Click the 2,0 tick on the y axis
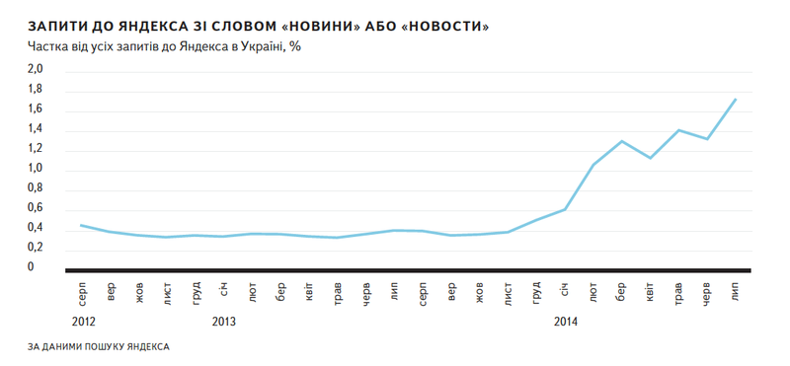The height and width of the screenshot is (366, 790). coord(35,69)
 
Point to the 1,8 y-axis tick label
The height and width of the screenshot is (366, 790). coord(35,89)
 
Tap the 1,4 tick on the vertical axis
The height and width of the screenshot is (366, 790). coord(35,128)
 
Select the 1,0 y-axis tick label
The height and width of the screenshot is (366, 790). coord(35,168)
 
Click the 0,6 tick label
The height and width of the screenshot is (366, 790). coord(35,208)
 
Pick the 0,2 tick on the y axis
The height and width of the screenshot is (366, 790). coord(35,248)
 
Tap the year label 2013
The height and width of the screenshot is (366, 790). coord(224,321)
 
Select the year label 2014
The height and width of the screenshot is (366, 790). coord(566,321)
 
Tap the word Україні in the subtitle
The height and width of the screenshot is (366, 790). coord(259,45)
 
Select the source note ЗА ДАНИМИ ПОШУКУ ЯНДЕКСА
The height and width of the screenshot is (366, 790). coord(99,347)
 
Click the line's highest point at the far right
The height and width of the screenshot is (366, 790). coord(736,99)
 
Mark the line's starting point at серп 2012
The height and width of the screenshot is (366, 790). coord(81,225)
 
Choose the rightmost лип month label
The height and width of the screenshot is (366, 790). coord(736,293)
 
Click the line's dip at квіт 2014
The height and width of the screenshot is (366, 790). coord(650,158)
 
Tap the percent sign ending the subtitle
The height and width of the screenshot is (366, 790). coord(293,45)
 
